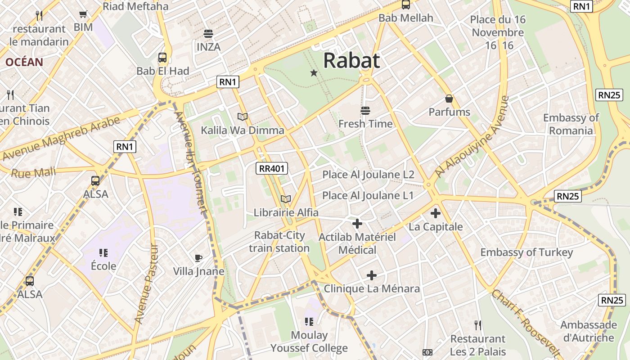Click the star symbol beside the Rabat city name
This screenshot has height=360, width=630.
[314, 73]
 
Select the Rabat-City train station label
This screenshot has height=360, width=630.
[279, 242]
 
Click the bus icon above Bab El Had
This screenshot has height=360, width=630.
[162, 58]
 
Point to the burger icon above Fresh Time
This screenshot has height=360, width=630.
[365, 110]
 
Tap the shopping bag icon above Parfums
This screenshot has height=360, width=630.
[449, 99]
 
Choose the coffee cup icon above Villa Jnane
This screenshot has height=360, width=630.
[198, 258]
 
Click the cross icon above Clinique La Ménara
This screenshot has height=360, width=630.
[372, 275]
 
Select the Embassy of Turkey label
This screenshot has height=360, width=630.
[526, 252]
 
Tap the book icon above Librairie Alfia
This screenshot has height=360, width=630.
[286, 199]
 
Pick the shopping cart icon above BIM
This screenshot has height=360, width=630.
[83, 14]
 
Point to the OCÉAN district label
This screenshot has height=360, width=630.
[24, 62]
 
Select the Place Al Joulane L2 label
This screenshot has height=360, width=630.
[368, 175]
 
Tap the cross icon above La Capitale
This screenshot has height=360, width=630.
[435, 213]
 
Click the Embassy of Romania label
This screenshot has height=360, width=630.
[571, 124]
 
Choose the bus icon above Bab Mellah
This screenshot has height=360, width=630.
[406, 4]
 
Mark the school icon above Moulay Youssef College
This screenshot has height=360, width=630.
[309, 321]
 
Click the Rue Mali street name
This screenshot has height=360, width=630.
[33, 172]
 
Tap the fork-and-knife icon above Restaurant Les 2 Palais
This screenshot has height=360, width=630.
[478, 324]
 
